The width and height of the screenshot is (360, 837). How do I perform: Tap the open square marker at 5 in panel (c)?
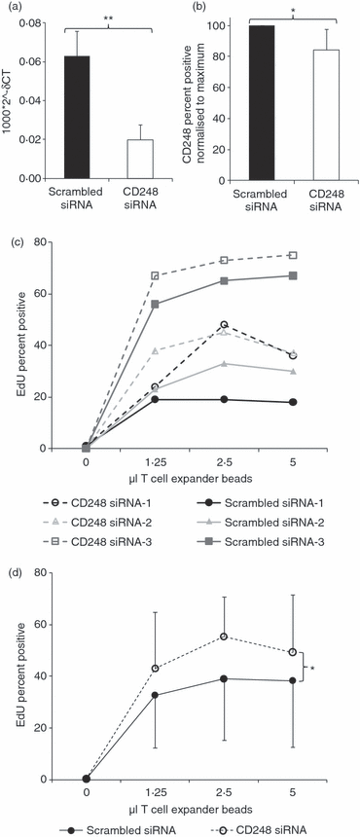pyautogui.click(x=318, y=255)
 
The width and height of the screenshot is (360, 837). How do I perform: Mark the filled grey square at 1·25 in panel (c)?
pyautogui.click(x=182, y=305)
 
